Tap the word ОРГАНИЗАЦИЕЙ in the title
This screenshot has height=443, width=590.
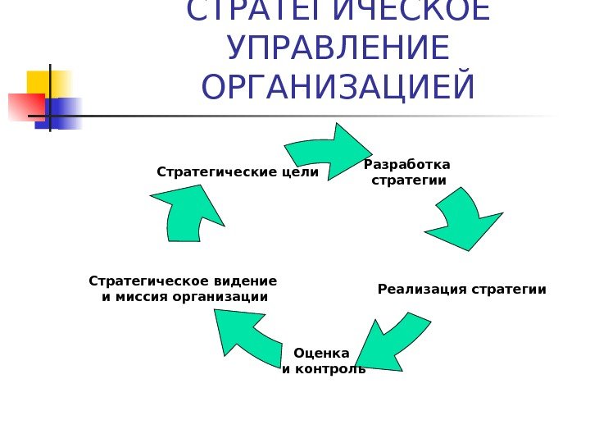pos(338,88)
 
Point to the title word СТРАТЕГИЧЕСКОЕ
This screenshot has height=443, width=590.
pos(338,11)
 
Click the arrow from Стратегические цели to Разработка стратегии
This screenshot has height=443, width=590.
pos(324,151)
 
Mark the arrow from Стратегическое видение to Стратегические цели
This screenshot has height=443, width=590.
pos(188,213)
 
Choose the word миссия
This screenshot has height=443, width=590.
pos(141,296)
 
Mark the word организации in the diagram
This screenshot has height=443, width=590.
pos(220,296)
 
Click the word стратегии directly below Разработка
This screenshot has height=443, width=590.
pos(409,180)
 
